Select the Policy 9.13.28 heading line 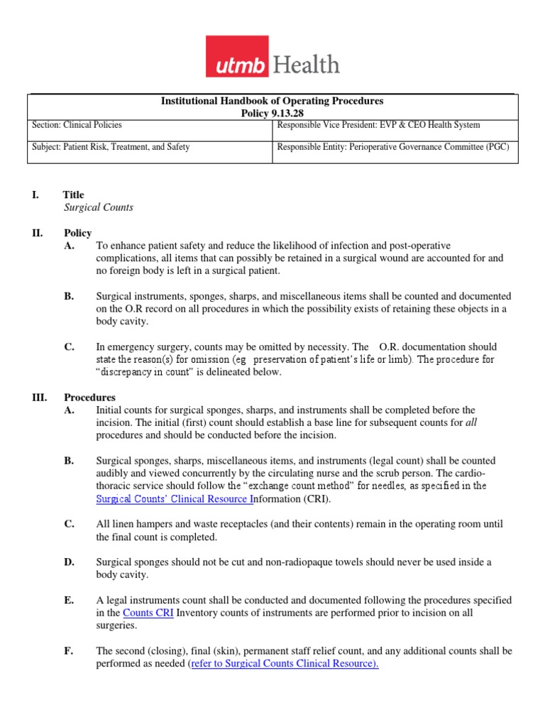tap(272, 113)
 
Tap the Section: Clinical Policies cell tap(77, 125)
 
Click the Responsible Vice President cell tap(379, 125)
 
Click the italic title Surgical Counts tap(98, 208)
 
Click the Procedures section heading tap(89, 398)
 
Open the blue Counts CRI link tap(148, 613)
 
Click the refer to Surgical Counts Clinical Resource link tap(285, 664)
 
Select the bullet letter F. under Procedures tap(68, 651)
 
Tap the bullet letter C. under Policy tap(69, 347)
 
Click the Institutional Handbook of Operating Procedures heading tap(272, 102)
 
